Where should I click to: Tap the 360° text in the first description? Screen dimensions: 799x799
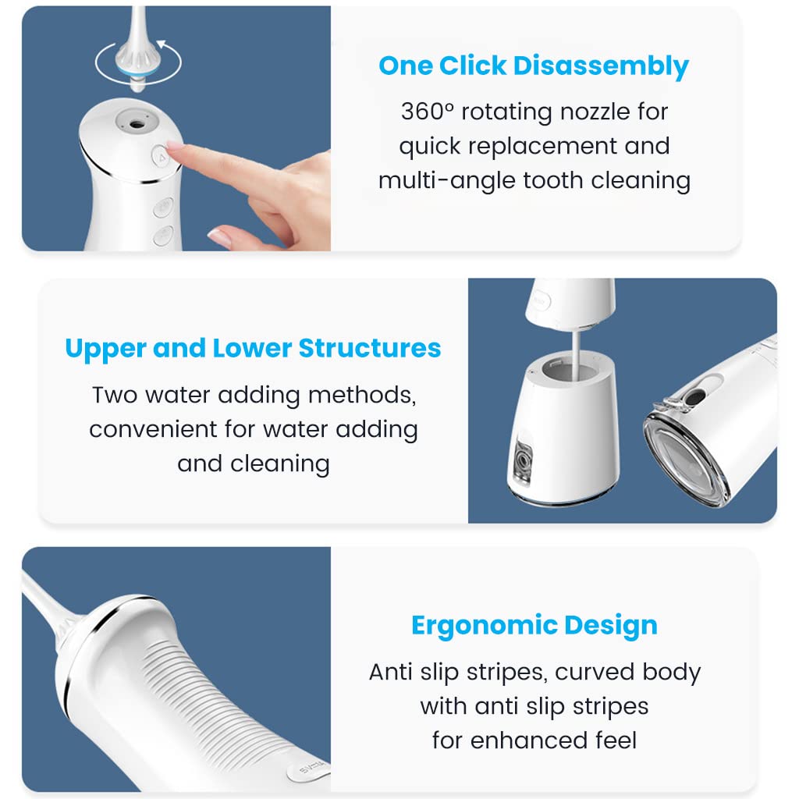point(427,112)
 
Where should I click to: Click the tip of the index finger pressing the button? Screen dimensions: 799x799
point(173,154)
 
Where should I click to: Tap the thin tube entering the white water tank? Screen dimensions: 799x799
point(576,346)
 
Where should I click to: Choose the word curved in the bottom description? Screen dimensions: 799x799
point(597,672)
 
